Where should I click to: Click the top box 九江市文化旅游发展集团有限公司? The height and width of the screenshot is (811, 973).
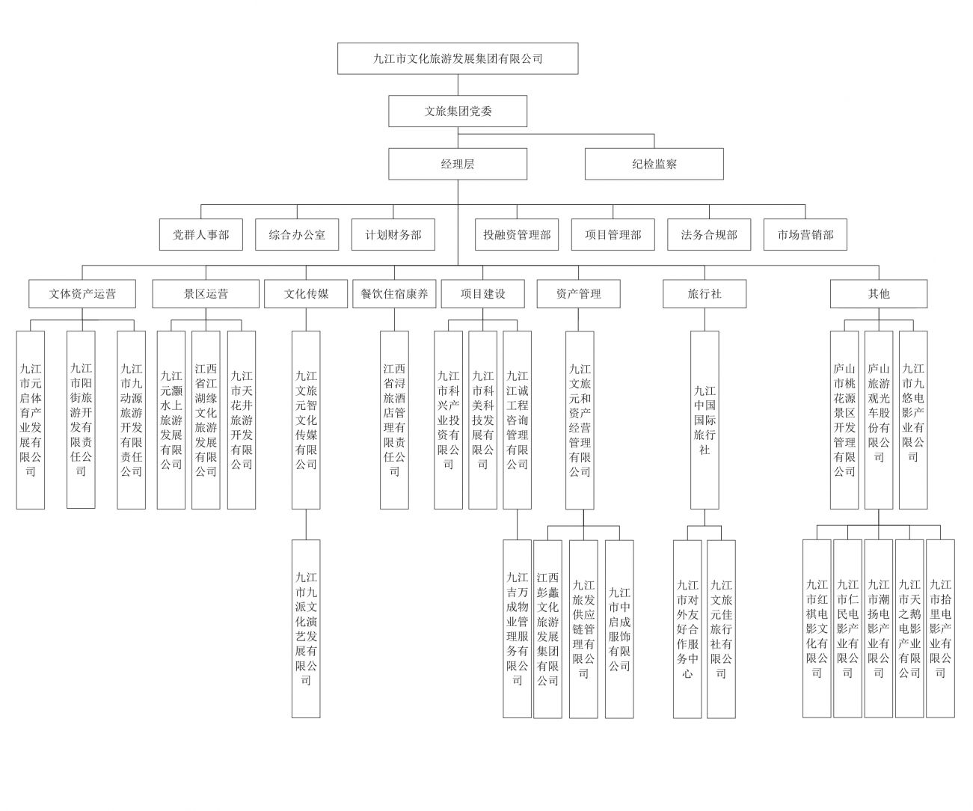(x=457, y=58)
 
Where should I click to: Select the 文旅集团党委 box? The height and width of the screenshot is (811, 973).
(x=457, y=111)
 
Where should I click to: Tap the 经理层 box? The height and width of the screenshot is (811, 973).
(x=457, y=164)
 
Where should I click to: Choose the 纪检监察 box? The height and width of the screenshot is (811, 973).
(x=654, y=164)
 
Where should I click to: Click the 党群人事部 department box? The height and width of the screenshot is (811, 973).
(x=201, y=234)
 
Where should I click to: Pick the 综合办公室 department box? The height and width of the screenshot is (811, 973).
(x=297, y=234)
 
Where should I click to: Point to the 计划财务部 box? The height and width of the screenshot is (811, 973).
(x=393, y=234)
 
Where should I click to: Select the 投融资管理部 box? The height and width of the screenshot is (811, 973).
(x=517, y=234)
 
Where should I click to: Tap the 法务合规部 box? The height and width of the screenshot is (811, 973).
(x=709, y=234)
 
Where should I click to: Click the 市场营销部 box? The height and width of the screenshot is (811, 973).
(x=805, y=234)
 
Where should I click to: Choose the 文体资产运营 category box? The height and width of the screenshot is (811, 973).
(x=82, y=293)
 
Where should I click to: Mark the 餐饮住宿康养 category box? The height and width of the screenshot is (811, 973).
(x=394, y=293)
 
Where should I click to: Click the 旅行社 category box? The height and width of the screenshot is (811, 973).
(x=705, y=293)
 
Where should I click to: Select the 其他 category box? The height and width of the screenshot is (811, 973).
(x=879, y=293)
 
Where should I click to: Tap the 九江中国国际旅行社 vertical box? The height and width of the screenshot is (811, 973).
(x=705, y=420)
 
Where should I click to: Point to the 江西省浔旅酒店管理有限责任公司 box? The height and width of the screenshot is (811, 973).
(x=394, y=420)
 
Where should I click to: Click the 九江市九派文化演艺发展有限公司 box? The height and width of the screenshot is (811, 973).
(x=306, y=628)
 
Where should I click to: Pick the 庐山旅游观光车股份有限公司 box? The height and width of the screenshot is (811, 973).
(x=879, y=420)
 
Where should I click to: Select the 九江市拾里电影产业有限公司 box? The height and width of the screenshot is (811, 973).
(x=940, y=628)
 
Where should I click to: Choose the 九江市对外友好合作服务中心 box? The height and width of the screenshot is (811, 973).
(x=687, y=628)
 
